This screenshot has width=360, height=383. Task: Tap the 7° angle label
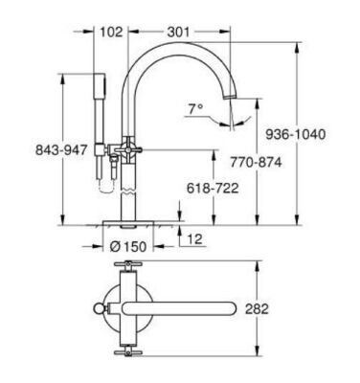[195, 109]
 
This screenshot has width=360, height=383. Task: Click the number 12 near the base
[196, 238]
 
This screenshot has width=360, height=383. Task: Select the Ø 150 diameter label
[129, 246]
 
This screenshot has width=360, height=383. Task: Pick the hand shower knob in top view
[99, 308]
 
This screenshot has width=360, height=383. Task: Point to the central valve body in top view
[128, 308]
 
